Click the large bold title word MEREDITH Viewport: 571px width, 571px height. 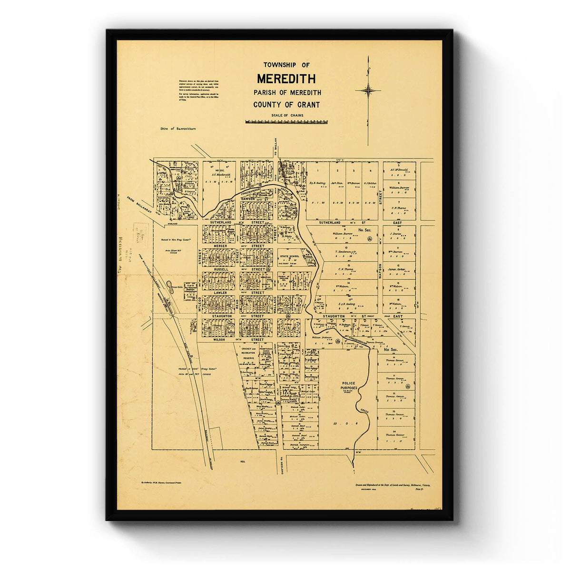(x=286, y=79)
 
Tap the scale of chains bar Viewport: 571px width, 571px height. (x=286, y=122)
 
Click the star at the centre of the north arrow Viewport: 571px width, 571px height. (x=368, y=90)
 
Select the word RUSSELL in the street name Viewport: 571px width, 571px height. (x=221, y=269)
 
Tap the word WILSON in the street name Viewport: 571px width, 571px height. (x=219, y=340)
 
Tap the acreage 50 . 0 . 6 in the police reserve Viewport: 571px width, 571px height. (x=342, y=423)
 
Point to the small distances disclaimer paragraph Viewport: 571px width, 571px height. (x=198, y=90)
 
